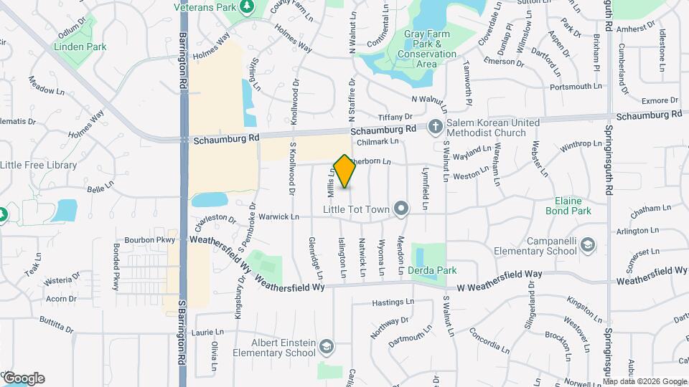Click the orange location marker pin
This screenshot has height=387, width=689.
(344, 171)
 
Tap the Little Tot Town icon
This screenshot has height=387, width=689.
(402, 210)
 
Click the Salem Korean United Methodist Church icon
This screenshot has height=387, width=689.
(435, 128)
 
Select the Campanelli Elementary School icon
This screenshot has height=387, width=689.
(588, 246)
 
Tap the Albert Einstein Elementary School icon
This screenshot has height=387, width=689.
(327, 348)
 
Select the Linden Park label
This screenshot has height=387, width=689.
(80, 47)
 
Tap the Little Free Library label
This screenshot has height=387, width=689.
(39, 165)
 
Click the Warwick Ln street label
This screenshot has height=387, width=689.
(278, 216)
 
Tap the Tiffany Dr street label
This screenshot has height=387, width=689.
(395, 116)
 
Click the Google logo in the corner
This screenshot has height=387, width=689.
(23, 378)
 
